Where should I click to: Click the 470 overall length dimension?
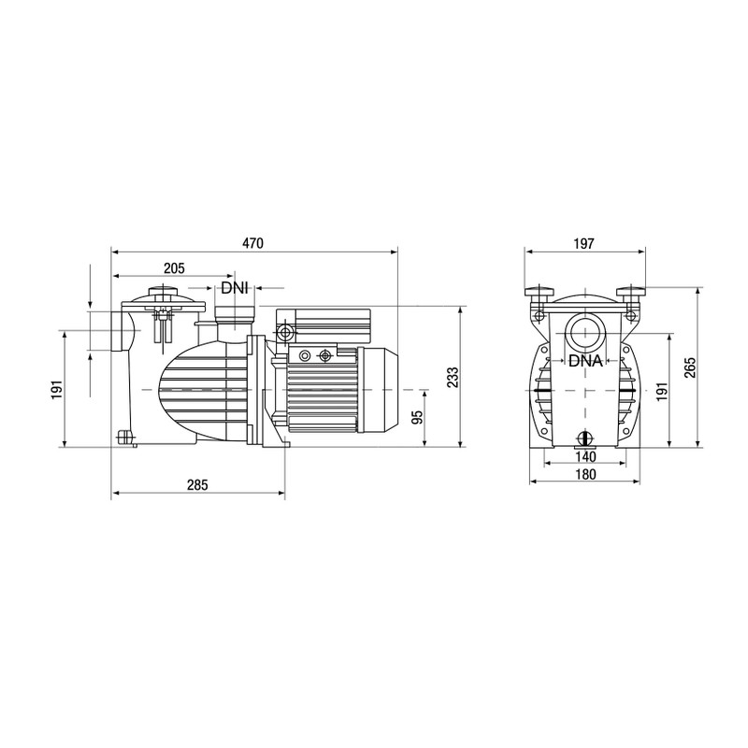click(x=253, y=243)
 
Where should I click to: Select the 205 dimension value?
click(x=173, y=268)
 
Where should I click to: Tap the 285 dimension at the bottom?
click(x=197, y=484)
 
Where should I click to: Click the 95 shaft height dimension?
click(x=417, y=416)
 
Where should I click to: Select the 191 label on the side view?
click(x=55, y=388)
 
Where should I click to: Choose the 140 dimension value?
click(x=584, y=457)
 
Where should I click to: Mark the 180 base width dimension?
click(x=584, y=475)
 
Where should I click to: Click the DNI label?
click(x=234, y=289)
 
